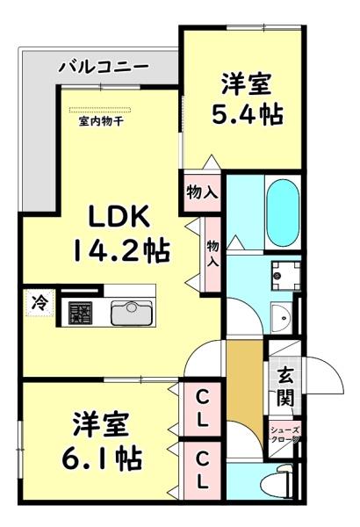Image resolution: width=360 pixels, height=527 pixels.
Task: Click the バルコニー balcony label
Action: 103,67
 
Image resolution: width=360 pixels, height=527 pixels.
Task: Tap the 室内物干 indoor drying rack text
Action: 101,121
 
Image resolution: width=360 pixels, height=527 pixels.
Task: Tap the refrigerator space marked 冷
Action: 39,301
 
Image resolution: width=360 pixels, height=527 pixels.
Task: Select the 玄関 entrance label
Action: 285,386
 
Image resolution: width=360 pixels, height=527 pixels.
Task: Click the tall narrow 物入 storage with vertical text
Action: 212,256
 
